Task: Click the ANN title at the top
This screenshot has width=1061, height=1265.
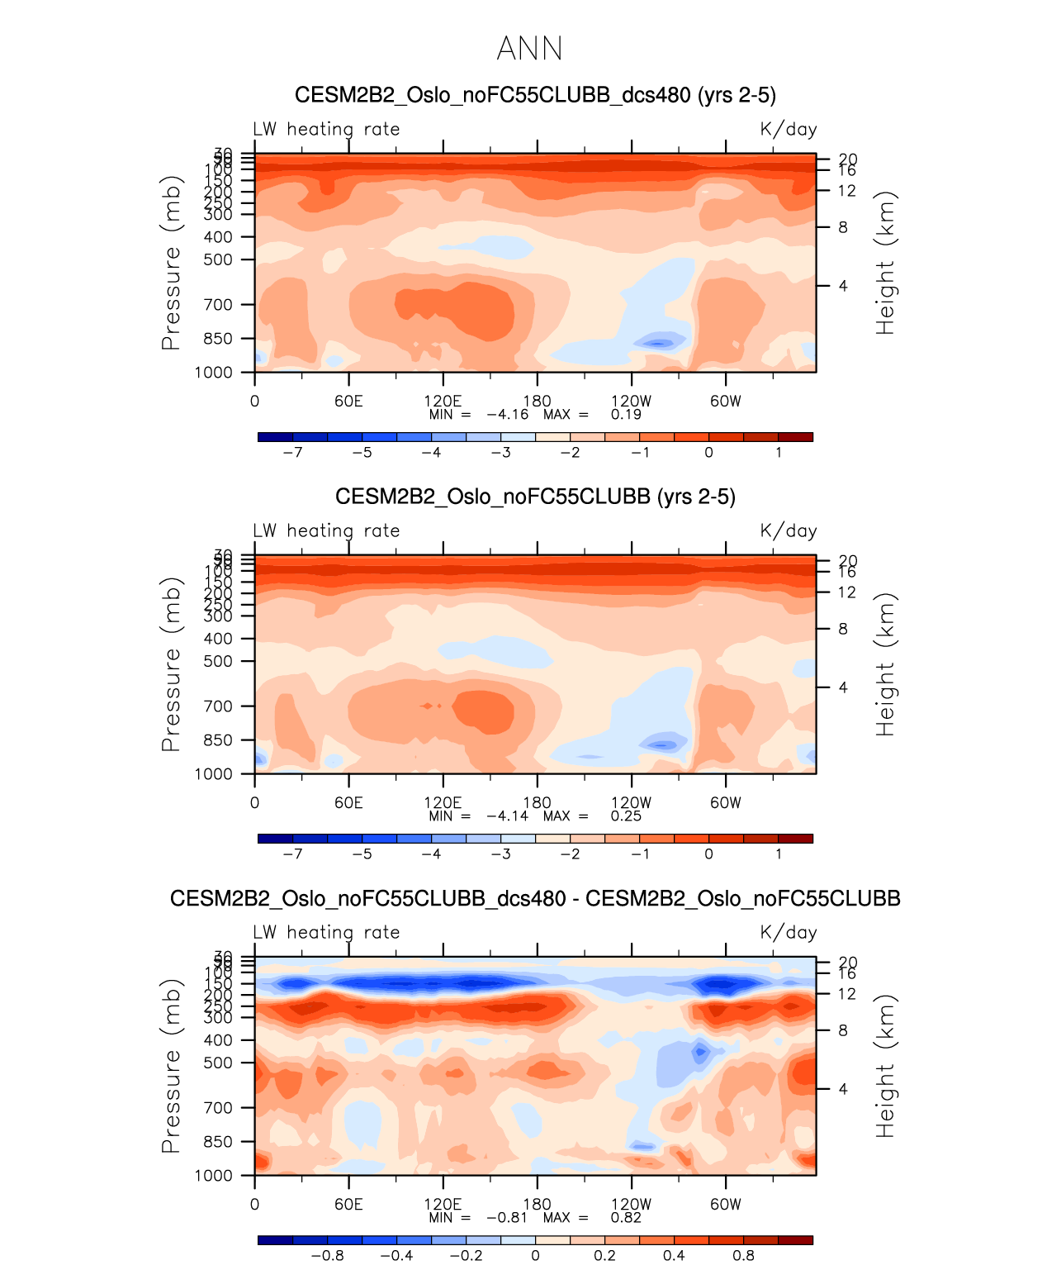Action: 529,49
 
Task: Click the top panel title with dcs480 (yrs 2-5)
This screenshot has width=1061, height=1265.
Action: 535,95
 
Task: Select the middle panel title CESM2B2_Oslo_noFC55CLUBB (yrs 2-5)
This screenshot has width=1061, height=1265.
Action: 535,497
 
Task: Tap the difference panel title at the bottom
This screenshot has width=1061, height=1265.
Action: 535,898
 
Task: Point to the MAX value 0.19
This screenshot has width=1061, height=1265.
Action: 626,414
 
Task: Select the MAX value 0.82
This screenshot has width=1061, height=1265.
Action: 626,1217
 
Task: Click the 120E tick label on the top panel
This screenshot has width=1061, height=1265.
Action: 443,401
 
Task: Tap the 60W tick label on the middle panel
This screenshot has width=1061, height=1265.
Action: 726,802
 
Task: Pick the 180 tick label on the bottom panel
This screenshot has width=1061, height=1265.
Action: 537,1204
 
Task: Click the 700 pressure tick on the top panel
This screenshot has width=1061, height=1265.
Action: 219,305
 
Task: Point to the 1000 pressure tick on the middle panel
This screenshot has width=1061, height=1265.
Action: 214,774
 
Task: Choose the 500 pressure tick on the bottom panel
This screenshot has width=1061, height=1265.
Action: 219,1063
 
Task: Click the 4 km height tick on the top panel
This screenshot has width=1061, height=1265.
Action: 843,286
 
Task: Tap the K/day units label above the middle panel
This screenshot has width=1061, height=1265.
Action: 789,530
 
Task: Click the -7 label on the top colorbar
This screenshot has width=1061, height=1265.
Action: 292,452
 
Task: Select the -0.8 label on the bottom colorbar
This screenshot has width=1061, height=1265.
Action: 327,1255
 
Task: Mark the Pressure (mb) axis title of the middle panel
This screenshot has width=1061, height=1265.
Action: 171,664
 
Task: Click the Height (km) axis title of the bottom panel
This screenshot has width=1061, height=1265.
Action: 885,1066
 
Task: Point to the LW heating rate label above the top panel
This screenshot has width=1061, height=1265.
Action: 326,129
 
